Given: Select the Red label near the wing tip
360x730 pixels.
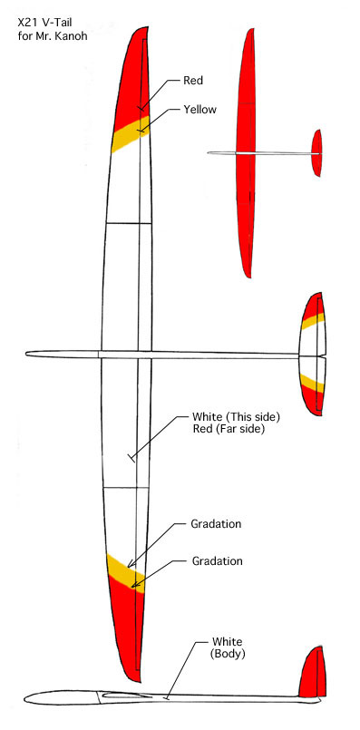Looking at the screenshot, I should (x=194, y=80).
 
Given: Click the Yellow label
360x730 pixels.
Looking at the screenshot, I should (x=199, y=110).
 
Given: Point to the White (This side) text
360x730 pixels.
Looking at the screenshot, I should (x=236, y=416).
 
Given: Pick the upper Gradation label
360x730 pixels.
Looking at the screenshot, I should (x=216, y=524).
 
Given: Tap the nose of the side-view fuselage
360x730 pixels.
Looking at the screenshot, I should (x=29, y=697).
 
